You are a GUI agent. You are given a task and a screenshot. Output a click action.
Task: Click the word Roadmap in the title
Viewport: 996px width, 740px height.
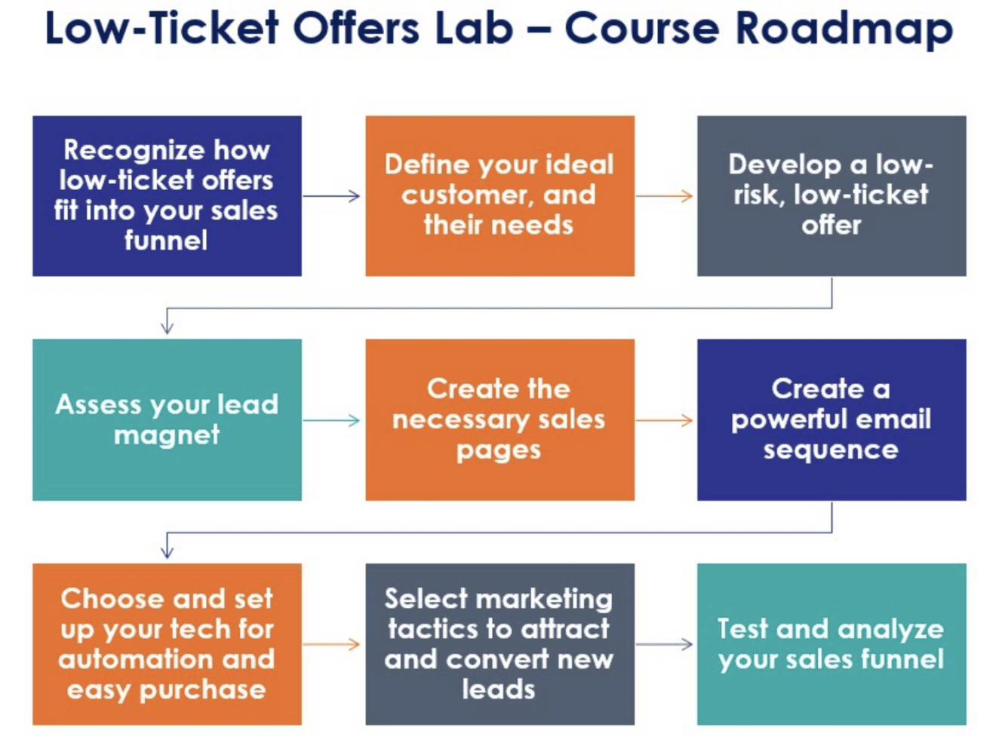844,29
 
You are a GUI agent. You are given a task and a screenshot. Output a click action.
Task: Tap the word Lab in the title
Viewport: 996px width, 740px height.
474,28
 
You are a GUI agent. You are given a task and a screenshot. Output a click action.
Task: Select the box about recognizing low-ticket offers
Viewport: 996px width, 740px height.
167,196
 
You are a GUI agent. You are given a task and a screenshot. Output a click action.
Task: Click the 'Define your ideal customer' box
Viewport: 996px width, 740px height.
500,196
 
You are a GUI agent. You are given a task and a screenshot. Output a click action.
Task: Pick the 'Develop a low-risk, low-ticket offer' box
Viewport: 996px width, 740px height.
832,196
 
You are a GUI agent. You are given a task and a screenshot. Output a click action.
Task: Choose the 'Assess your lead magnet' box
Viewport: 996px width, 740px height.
167,420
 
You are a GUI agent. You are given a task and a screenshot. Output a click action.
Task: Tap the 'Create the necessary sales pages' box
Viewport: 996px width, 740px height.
500,420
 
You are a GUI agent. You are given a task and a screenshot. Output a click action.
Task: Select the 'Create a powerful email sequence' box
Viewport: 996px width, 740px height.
832,420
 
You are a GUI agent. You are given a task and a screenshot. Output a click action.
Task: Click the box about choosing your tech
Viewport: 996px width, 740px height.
167,644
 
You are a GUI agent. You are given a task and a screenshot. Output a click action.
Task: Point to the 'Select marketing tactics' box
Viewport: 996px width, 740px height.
500,644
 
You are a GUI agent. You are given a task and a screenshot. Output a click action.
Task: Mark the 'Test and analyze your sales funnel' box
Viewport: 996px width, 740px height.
832,644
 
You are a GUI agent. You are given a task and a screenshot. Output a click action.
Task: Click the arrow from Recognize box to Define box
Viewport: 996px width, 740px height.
331,196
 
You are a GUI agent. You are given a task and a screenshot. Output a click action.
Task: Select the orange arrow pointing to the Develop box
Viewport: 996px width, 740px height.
664,196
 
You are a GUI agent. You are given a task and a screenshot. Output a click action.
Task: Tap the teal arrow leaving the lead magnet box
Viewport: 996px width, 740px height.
331,420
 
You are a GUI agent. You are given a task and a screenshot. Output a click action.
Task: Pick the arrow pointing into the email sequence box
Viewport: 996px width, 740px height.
664,420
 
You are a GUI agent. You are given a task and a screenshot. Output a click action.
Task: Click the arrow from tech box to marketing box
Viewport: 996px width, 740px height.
331,644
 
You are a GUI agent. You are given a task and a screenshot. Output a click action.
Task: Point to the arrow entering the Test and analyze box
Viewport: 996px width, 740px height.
664,644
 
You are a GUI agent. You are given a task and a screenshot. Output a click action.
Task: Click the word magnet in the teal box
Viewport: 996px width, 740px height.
167,435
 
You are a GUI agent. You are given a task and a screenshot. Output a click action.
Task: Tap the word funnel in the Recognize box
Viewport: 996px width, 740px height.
166,240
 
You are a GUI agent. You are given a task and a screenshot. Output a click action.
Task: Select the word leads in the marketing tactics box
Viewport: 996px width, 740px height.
499,689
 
